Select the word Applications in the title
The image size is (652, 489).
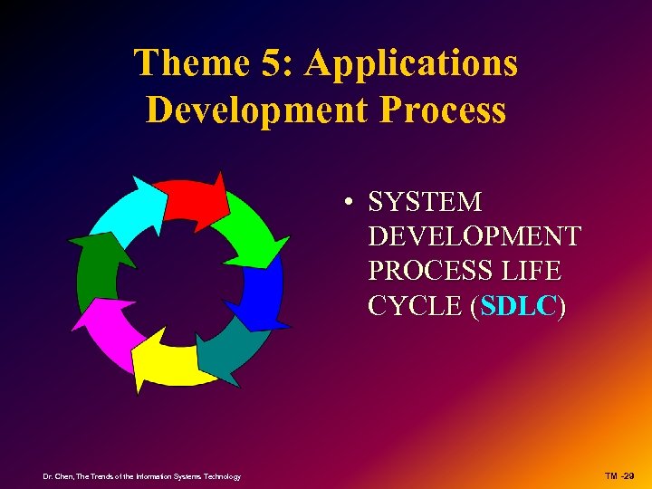pyautogui.click(x=412, y=63)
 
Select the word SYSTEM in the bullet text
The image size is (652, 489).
pyautogui.click(x=425, y=201)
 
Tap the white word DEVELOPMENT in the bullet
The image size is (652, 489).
pyautogui.click(x=474, y=236)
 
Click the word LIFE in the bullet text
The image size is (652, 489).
pyautogui.click(x=534, y=271)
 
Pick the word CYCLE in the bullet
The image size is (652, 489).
pyautogui.click(x=415, y=306)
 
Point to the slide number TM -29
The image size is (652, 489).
pyautogui.click(x=620, y=476)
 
